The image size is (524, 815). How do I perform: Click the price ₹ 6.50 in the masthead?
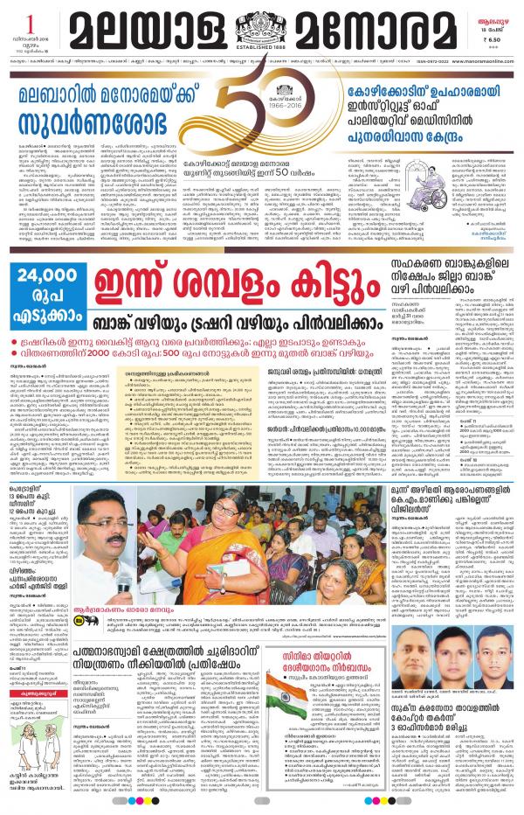point(493,38)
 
